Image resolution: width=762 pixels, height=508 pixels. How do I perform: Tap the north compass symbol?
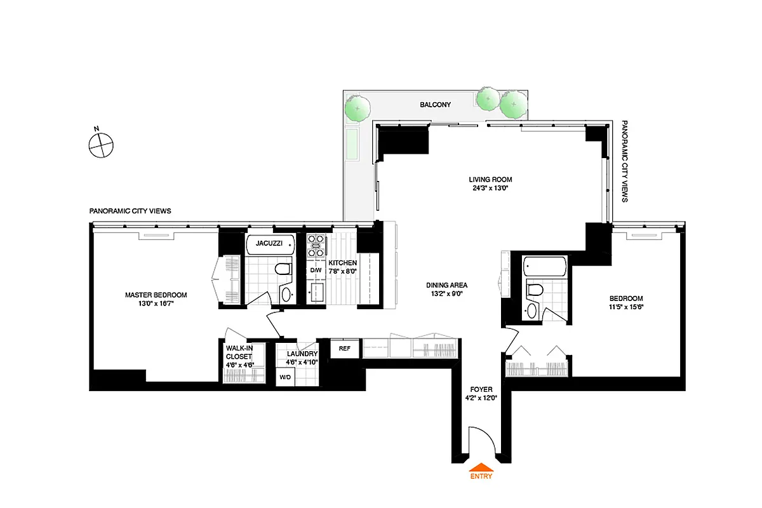pyautogui.click(x=100, y=144)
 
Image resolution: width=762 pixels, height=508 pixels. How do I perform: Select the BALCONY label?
pyautogui.click(x=435, y=105)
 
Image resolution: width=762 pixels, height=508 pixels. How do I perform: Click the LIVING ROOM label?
pyautogui.click(x=490, y=180)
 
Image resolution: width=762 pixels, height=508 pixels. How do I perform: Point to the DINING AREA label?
pyautogui.click(x=446, y=285)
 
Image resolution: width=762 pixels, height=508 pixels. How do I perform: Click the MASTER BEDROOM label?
pyautogui.click(x=156, y=295)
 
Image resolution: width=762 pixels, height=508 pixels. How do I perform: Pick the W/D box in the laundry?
pyautogui.click(x=286, y=377)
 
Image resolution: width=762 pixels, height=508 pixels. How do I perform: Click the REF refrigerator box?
pyautogui.click(x=345, y=349)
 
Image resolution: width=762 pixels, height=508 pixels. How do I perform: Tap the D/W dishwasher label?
pyautogui.click(x=316, y=271)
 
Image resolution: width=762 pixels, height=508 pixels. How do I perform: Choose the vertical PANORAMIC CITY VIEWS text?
pyautogui.click(x=624, y=161)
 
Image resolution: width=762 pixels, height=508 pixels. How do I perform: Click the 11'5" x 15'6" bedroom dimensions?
pyautogui.click(x=626, y=307)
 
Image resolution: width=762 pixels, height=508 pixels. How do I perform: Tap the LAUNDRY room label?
pyautogui.click(x=302, y=354)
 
